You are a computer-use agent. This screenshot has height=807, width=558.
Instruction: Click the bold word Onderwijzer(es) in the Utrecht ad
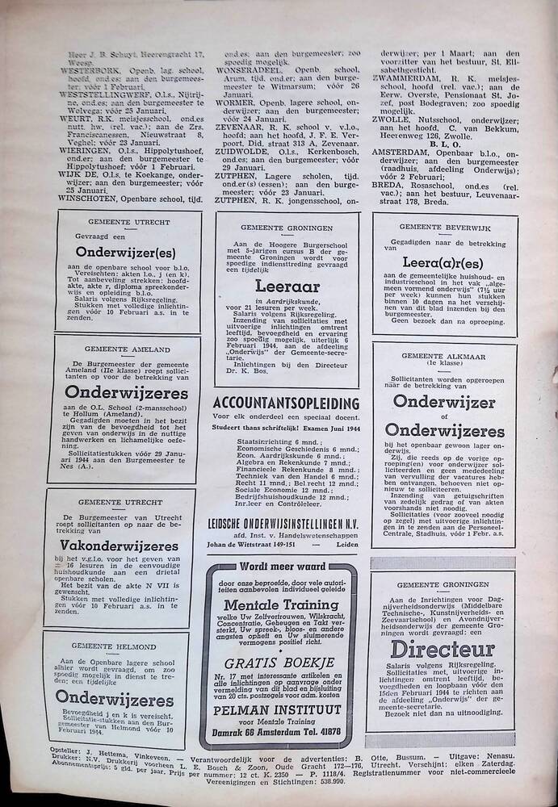pyautogui.click(x=128, y=251)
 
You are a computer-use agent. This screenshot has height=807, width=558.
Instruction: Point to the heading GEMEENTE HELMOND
pyautogui.click(x=113, y=646)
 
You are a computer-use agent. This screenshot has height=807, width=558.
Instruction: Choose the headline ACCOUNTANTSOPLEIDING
pyautogui.click(x=286, y=403)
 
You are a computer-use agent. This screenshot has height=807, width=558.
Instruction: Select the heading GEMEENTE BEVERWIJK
pyautogui.click(x=443, y=227)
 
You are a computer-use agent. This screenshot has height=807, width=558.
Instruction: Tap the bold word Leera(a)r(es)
pyautogui.click(x=445, y=263)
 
